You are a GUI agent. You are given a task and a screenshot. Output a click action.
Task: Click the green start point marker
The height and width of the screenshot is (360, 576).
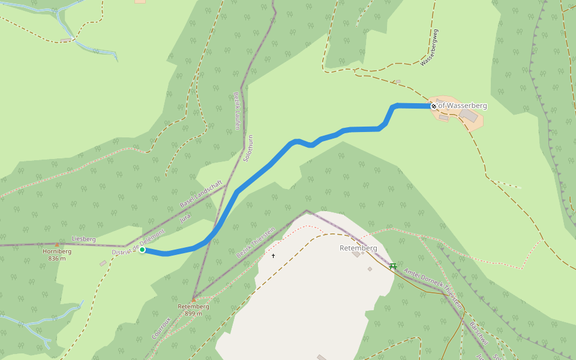click(142, 250)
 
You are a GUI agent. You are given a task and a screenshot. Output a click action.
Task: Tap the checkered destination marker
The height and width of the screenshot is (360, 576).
click(433, 106)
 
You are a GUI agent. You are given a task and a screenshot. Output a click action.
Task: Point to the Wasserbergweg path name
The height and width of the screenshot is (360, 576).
click(430, 47)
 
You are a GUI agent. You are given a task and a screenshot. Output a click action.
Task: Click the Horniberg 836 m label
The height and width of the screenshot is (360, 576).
click(57, 255)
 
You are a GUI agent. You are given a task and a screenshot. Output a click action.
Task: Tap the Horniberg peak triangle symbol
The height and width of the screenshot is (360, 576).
click(57, 245)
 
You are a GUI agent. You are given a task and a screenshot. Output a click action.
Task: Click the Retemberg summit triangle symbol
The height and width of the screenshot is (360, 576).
click(193, 299)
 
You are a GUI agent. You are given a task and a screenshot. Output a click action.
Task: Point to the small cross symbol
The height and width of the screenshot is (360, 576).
click(273, 256)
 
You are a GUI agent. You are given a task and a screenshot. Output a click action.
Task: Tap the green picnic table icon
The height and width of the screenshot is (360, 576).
click(392, 265)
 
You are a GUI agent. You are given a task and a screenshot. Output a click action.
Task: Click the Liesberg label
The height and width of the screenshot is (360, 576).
click(84, 239)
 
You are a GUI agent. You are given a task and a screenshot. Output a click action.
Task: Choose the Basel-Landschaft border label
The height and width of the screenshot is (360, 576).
click(201, 194)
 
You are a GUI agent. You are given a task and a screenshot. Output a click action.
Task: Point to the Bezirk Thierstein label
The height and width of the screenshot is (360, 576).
click(256, 242)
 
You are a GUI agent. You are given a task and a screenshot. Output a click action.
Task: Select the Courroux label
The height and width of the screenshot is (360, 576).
click(161, 329)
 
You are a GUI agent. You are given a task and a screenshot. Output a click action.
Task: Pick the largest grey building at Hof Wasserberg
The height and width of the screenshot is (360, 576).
click(469, 115)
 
